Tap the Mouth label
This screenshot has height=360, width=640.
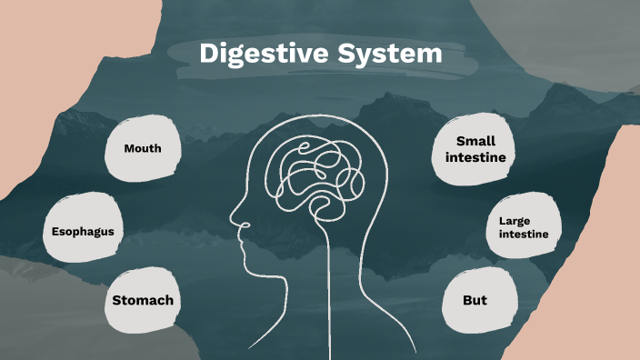coord(143,148)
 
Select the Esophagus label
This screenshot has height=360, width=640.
coord(83,231)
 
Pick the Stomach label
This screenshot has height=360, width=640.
coord(143,300)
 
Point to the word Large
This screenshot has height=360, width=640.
coord(513,220)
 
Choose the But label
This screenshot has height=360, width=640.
coord(475,300)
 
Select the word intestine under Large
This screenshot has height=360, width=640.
coord(524,235)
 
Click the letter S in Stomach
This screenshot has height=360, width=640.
coord(117,300)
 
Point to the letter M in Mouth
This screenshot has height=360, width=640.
coord(129,148)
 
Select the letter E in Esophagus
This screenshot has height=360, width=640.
coord(55,231)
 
